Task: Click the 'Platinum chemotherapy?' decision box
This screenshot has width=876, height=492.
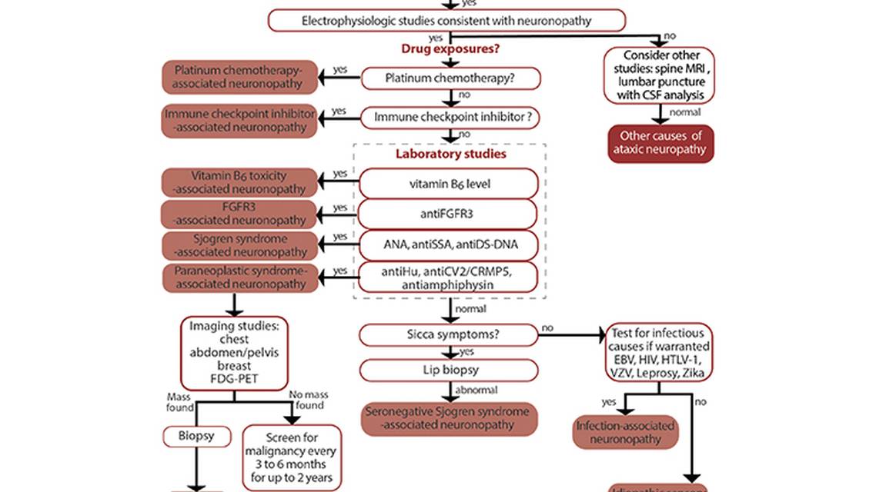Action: point(450,78)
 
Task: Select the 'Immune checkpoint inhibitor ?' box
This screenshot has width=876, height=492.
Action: point(450,118)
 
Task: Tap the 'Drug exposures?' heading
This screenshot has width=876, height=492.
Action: point(450,49)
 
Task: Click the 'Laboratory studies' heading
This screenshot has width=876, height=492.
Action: point(450,154)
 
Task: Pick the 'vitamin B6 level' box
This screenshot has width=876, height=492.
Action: point(450,184)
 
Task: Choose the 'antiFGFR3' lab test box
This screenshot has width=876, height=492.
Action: point(450,214)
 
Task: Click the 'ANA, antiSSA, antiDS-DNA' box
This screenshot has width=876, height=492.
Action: point(450,244)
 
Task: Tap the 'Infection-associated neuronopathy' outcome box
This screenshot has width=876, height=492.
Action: point(626,433)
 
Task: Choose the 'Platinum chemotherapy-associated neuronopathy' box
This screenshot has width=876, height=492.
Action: point(239,78)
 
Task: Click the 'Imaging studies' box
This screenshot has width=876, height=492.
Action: point(234,353)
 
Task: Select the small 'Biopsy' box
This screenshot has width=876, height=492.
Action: point(197,437)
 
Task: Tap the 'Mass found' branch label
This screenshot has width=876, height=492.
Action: point(184,401)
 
